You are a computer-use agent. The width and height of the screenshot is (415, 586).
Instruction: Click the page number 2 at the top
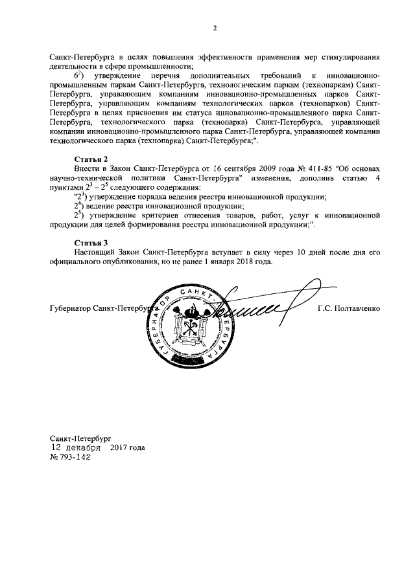[214, 27]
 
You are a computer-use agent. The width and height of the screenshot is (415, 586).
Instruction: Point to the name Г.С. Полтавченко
[350, 308]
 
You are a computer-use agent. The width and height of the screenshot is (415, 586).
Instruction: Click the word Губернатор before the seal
[70, 308]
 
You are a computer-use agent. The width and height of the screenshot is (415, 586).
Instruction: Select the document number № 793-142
[71, 456]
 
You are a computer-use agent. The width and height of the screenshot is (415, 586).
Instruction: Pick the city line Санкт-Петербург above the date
[81, 438]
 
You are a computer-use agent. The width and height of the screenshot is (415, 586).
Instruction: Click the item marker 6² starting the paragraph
[78, 75]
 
